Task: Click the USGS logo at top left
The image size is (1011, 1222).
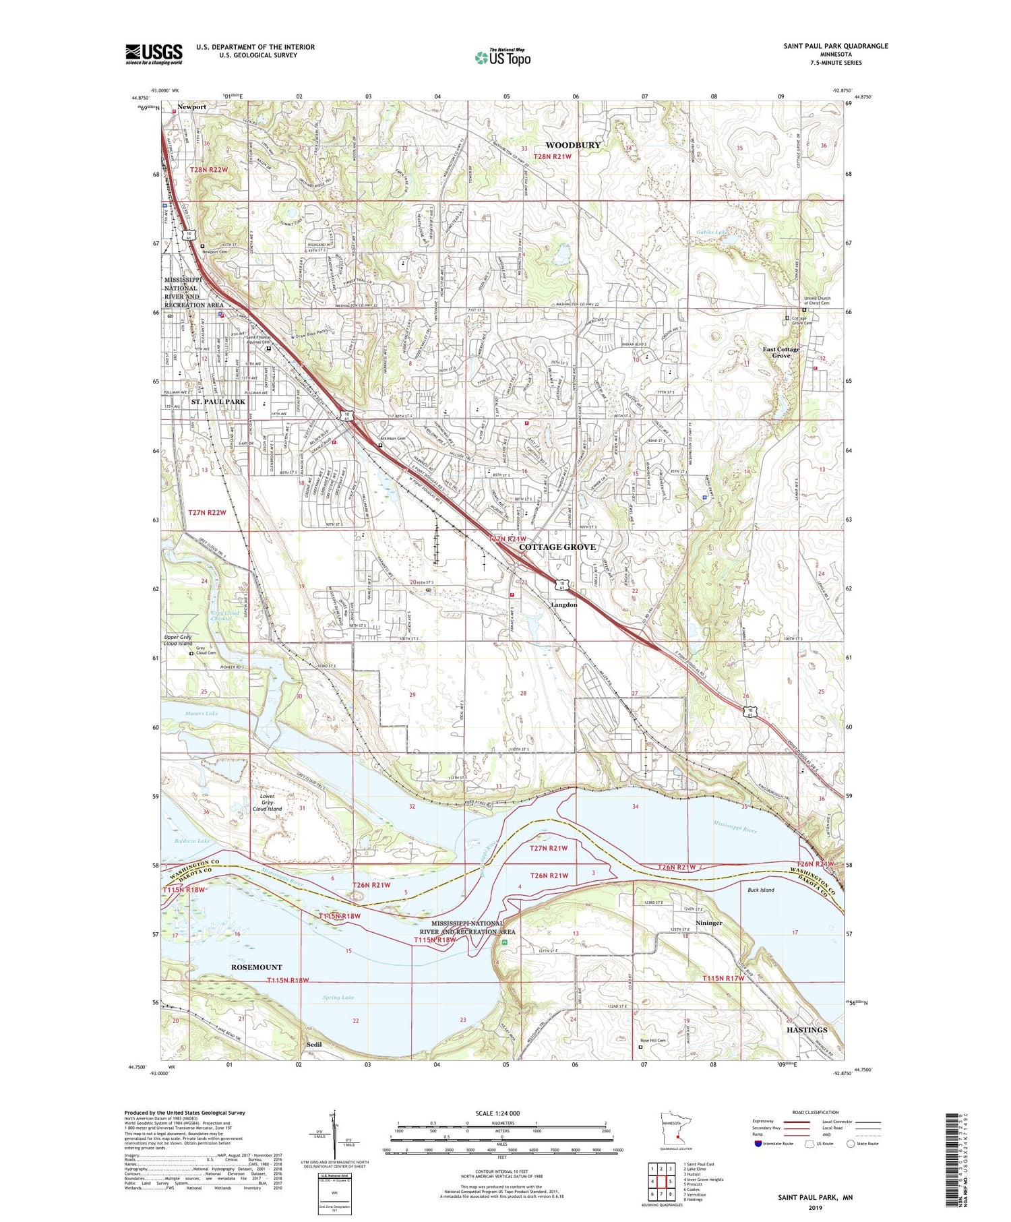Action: pyautogui.click(x=154, y=54)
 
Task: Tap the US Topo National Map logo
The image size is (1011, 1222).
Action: pyautogui.click(x=502, y=57)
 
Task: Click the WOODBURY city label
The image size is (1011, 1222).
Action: pyautogui.click(x=572, y=145)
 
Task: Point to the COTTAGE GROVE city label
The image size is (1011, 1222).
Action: pyautogui.click(x=557, y=547)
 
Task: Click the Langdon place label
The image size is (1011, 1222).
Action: pyautogui.click(x=564, y=605)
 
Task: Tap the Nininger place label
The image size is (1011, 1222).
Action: pyautogui.click(x=708, y=923)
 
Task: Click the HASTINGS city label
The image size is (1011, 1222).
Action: pyautogui.click(x=807, y=1030)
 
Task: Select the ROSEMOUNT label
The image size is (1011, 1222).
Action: pyautogui.click(x=256, y=967)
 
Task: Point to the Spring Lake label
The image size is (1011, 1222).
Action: pyautogui.click(x=338, y=998)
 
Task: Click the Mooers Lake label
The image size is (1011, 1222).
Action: pyautogui.click(x=201, y=713)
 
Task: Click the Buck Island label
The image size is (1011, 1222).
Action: pyautogui.click(x=761, y=890)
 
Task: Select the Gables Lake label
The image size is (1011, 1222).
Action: pyautogui.click(x=712, y=233)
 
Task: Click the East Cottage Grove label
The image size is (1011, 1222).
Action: pyautogui.click(x=781, y=352)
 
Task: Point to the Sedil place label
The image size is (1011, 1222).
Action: pyautogui.click(x=314, y=1045)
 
